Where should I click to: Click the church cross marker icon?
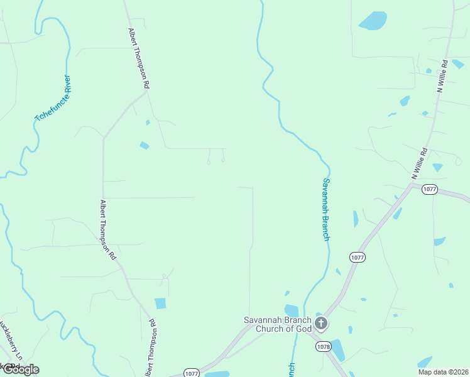coord(321,324)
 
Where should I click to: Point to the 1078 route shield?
coord(324,346)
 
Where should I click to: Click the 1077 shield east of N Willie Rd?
coord(430,189)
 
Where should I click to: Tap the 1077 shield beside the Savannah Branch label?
coord(357,257)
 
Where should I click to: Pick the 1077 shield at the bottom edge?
coord(191,373)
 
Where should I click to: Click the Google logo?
coord(20,369)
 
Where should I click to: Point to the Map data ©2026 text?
coord(443,371)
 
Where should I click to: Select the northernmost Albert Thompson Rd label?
coord(139,58)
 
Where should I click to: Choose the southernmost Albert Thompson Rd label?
coord(150,348)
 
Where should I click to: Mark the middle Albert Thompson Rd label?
coord(107,230)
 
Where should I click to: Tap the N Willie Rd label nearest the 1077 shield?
coord(419,164)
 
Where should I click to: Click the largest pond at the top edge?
coord(373,21)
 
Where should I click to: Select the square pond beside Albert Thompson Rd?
coord(160,303)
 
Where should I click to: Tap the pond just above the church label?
coord(292,310)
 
